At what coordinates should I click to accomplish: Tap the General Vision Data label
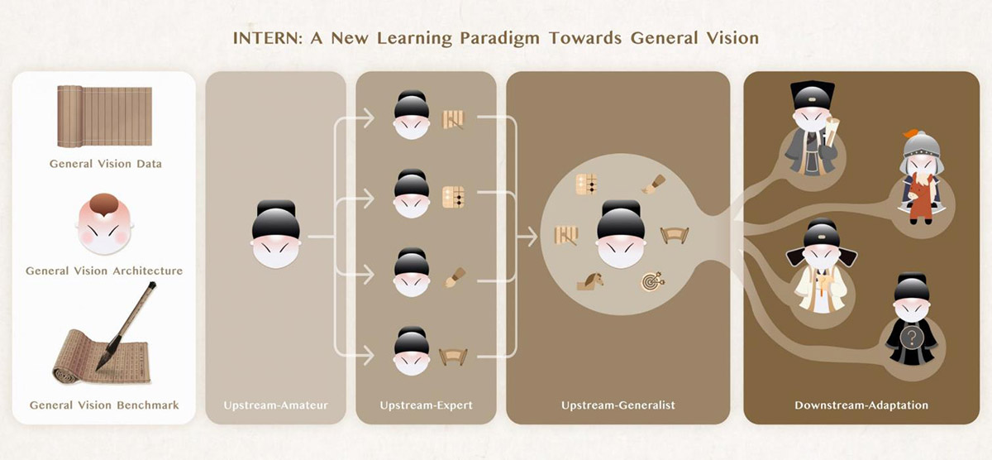(x=106, y=164)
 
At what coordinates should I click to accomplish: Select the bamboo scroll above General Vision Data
(x=104, y=117)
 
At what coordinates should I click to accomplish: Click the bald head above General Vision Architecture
(x=104, y=224)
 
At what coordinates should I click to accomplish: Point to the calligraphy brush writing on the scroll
(x=126, y=326)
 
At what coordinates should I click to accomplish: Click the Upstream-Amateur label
(x=275, y=405)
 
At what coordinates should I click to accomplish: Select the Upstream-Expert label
(x=426, y=405)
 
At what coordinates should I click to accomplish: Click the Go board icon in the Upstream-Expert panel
(x=454, y=198)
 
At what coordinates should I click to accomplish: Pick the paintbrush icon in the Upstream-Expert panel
(x=455, y=277)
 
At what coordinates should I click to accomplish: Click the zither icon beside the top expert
(x=453, y=120)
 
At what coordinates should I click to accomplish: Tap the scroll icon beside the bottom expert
(x=453, y=357)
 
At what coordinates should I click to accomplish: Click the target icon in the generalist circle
(x=653, y=281)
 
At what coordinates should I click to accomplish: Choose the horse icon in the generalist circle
(x=590, y=281)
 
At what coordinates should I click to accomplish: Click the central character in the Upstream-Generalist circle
(x=621, y=234)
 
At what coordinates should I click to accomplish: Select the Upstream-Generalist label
(x=618, y=405)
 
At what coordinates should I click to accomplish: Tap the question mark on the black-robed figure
(x=911, y=338)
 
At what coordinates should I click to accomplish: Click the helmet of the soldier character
(x=922, y=145)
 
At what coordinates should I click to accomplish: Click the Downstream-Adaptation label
(x=861, y=405)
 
